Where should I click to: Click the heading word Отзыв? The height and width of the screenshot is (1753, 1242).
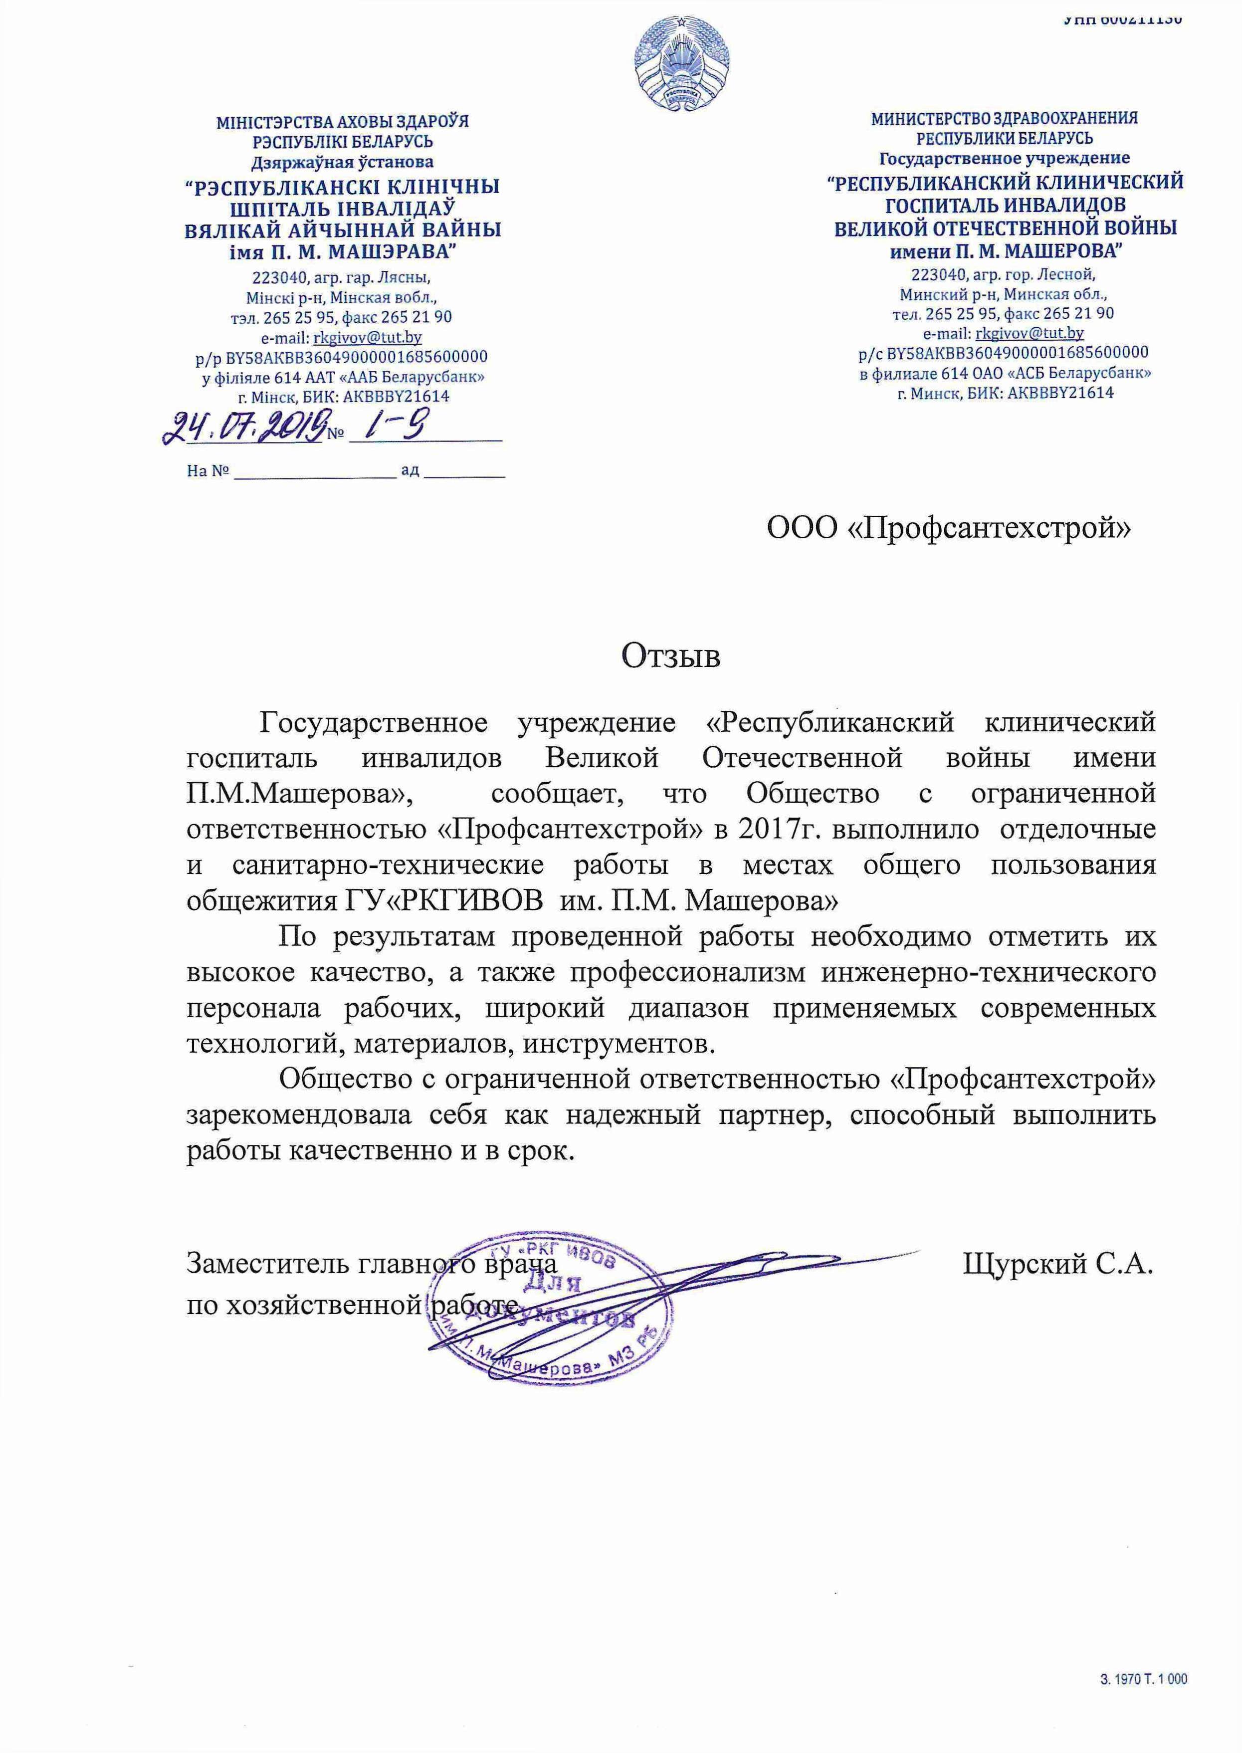[x=670, y=656]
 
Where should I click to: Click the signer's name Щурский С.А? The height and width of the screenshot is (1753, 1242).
[x=1057, y=1264]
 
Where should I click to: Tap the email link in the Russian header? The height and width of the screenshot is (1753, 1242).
[x=1030, y=333]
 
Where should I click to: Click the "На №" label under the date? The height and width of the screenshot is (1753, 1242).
[x=208, y=471]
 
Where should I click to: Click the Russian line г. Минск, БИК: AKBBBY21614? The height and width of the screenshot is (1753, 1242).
[x=1004, y=393]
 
